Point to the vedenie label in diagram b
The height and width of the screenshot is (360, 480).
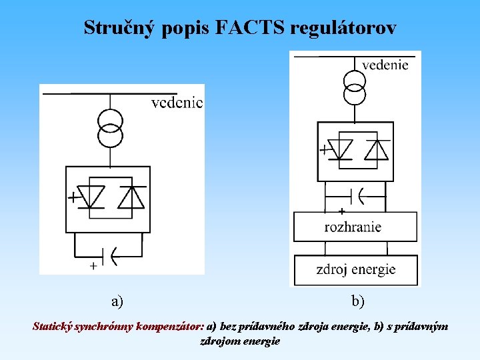pos(385,65)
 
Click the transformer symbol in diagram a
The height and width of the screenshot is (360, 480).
pos(110,127)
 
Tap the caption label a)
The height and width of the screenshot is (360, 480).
pos(117,302)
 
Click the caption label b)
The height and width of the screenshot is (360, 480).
pos(358,302)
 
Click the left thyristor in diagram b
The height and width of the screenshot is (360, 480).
pos(342,150)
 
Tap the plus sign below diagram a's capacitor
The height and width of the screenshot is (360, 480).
pos(93,265)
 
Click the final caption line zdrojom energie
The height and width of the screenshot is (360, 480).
pos(240,341)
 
